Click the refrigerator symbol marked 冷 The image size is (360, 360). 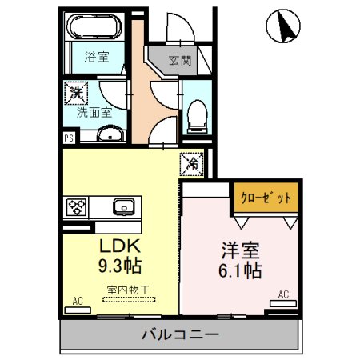pos(192,162)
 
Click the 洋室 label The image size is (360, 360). pos(240,249)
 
